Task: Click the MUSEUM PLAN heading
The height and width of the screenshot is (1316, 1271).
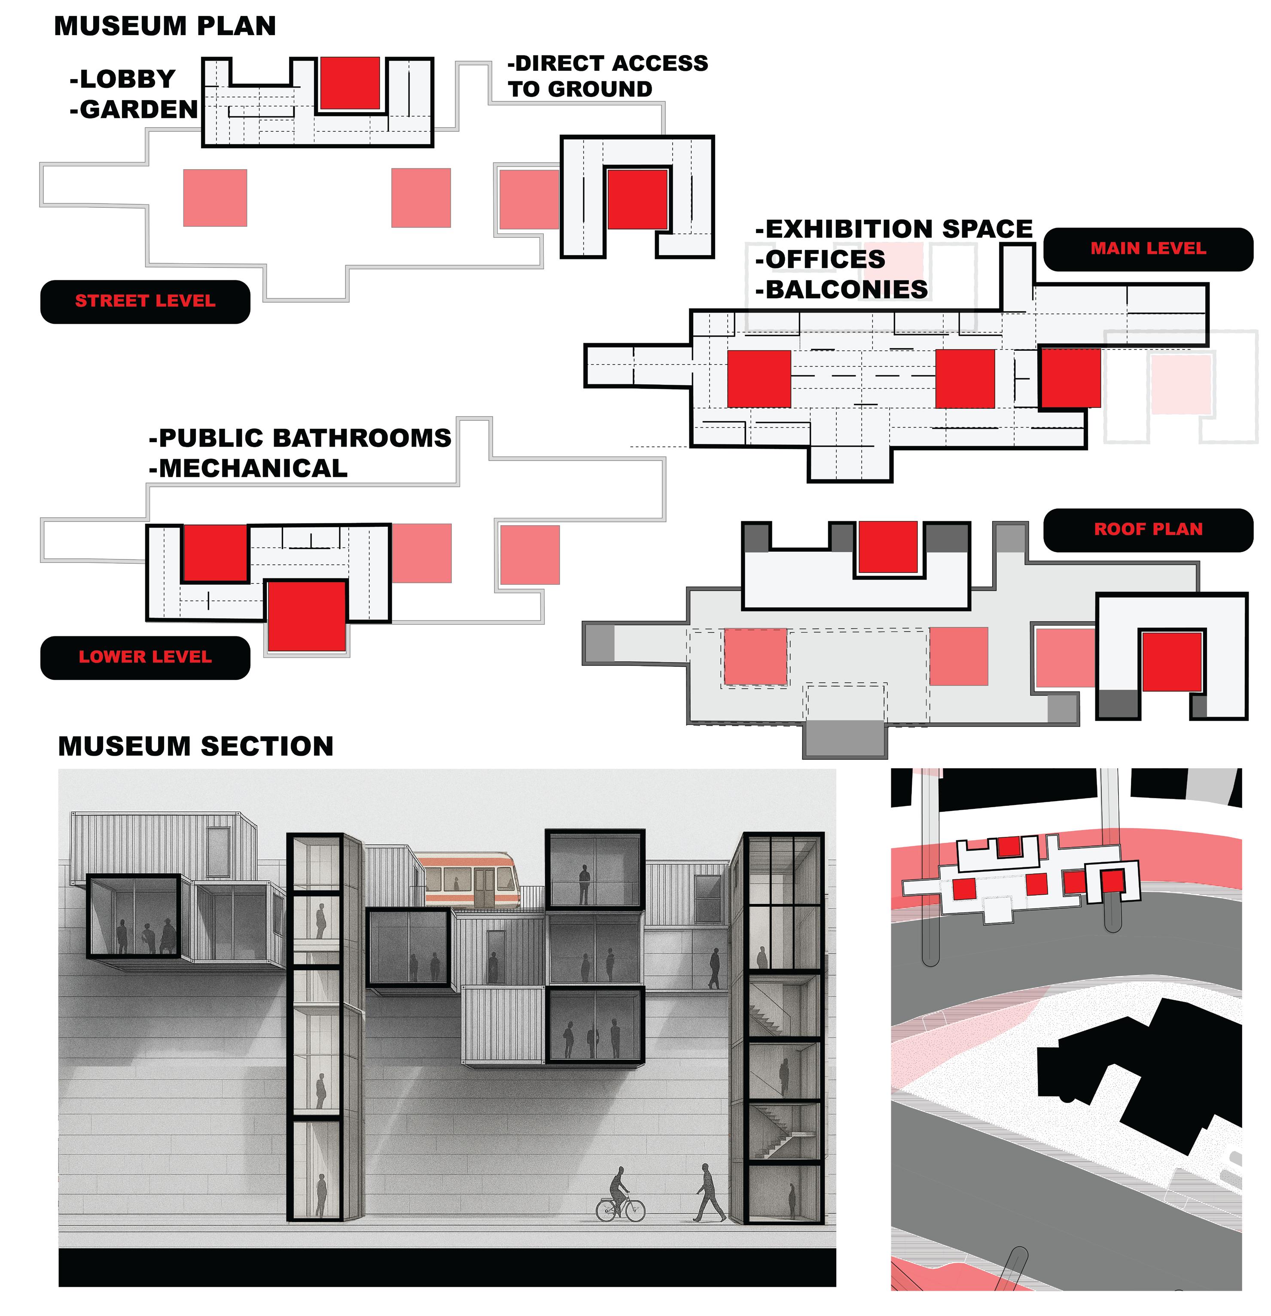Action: tap(165, 26)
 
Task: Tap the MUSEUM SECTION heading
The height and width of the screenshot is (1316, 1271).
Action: tap(195, 746)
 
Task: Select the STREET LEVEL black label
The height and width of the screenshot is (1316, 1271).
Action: tap(145, 301)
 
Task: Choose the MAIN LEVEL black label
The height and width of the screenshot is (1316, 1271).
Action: tap(1147, 249)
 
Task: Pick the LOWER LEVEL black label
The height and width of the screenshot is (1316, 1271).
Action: tap(145, 657)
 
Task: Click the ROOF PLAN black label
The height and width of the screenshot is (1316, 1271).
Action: tap(1147, 530)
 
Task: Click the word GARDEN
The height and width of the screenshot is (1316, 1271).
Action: tap(138, 109)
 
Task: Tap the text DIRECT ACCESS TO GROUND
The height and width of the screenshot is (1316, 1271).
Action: tap(607, 76)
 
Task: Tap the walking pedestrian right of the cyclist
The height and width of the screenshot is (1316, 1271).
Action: tap(708, 1193)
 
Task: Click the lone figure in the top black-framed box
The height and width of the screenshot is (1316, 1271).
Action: tap(584, 884)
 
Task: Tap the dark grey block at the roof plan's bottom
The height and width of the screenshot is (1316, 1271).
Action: tap(844, 739)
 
